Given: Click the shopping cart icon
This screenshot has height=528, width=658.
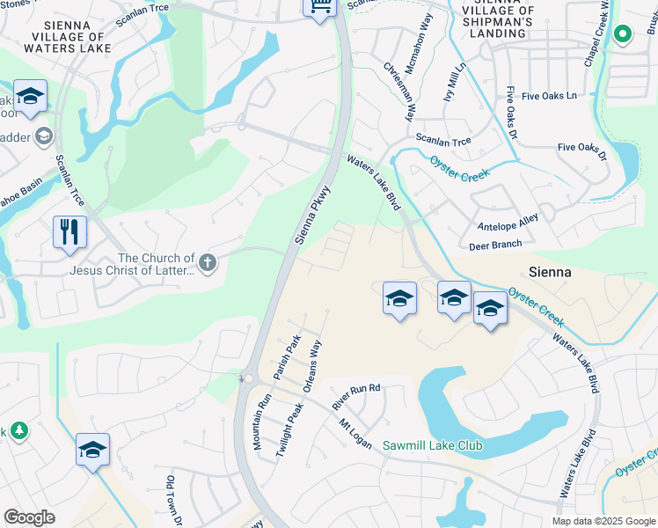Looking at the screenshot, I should [x=319, y=7].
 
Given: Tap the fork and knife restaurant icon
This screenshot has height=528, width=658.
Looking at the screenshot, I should [x=69, y=233].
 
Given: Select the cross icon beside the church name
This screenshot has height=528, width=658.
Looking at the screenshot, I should [x=208, y=263].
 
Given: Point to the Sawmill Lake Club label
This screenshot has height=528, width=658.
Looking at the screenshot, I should [x=432, y=446].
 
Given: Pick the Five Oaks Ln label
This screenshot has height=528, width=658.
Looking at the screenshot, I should [x=546, y=95].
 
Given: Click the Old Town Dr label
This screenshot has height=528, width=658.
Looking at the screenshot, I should [x=173, y=502].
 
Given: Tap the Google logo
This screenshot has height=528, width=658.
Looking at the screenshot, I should [x=29, y=517].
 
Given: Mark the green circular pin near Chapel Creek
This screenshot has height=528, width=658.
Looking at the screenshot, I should [x=622, y=34].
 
